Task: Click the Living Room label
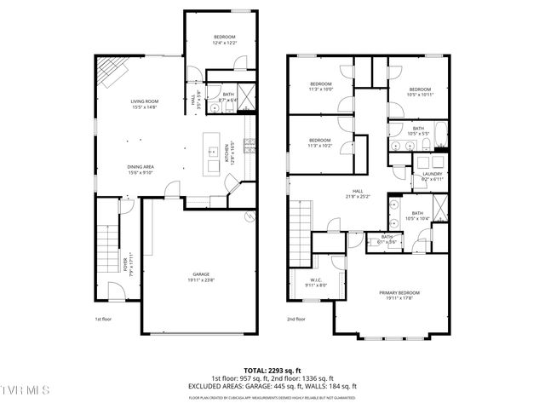(x=145, y=104)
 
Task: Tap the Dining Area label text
(x=140, y=169)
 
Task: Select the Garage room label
(x=201, y=277)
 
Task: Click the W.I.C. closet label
(x=315, y=283)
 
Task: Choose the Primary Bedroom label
(x=399, y=295)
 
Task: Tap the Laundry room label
(x=433, y=176)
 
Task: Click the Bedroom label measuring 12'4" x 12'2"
(x=224, y=39)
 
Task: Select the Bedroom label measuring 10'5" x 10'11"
(x=421, y=92)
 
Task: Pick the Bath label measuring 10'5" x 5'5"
(x=418, y=130)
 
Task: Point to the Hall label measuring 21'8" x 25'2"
(x=359, y=193)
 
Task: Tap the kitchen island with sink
(x=212, y=153)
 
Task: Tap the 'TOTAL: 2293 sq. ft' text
(x=272, y=370)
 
